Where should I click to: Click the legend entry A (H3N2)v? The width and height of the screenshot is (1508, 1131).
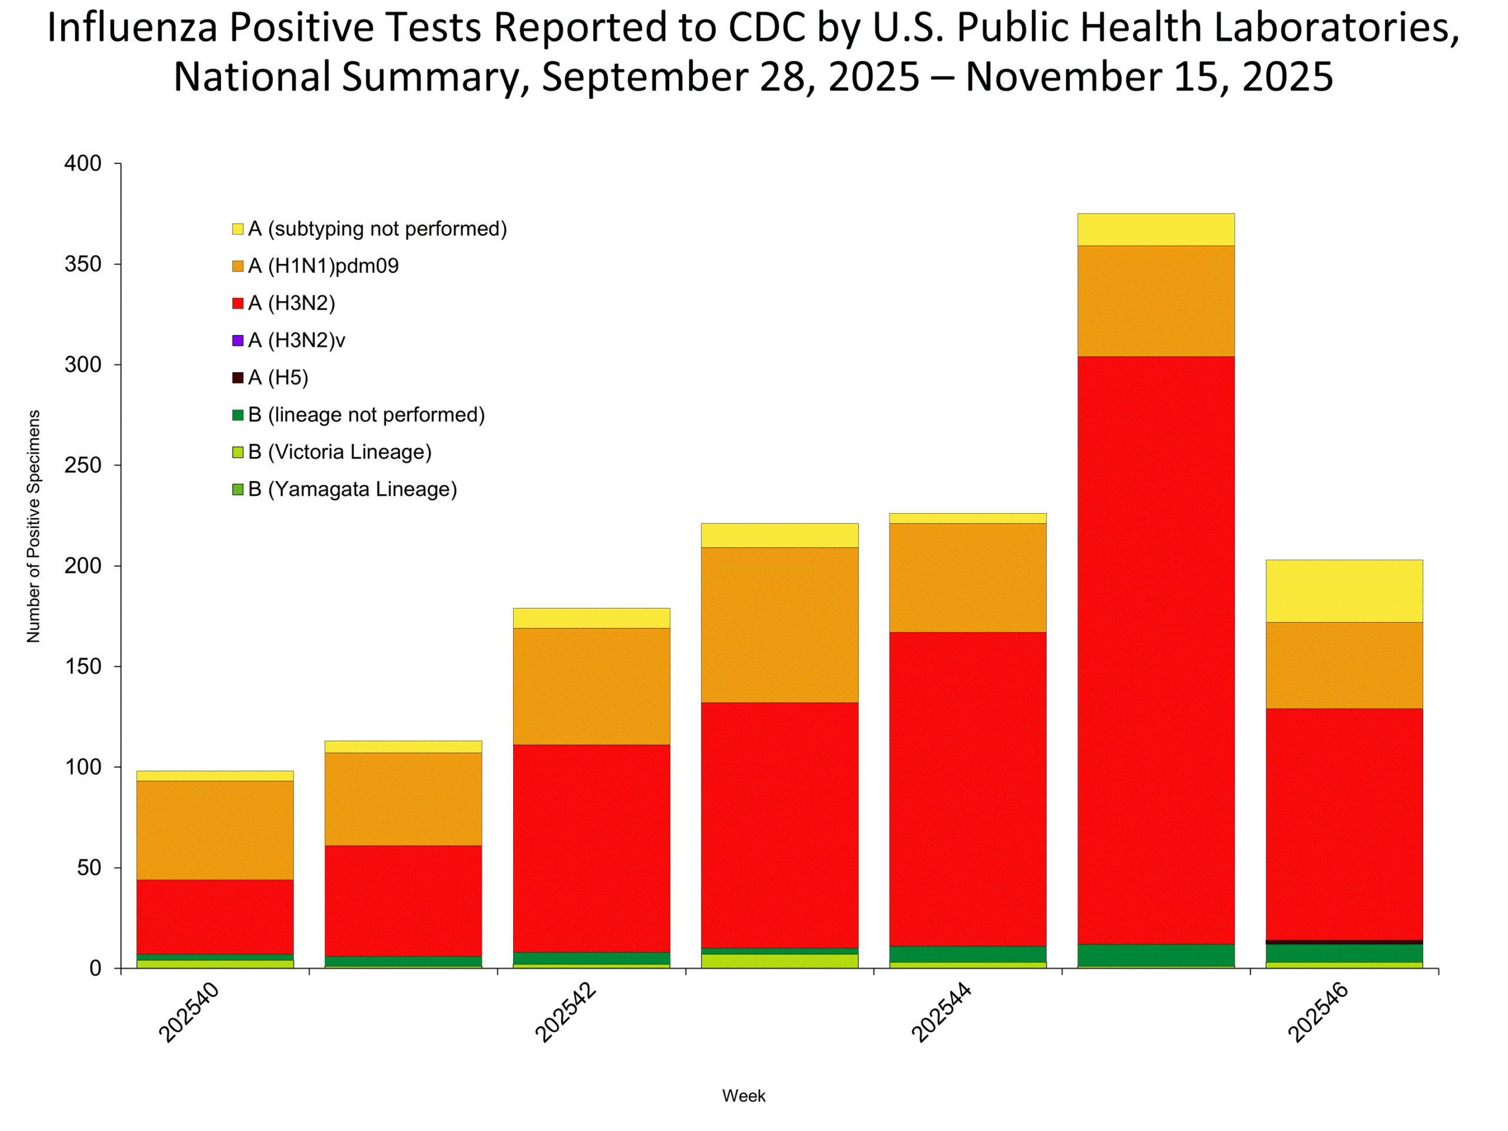tap(296, 340)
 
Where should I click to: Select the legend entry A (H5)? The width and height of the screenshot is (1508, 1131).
tap(278, 378)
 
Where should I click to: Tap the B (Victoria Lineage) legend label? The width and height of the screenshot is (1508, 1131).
tap(339, 452)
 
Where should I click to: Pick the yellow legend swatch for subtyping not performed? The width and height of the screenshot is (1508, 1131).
tap(238, 229)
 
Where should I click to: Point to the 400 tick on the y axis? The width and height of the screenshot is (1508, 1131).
tap(82, 164)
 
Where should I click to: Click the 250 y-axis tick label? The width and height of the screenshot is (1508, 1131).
tap(82, 465)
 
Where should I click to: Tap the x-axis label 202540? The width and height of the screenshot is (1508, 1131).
tap(189, 1013)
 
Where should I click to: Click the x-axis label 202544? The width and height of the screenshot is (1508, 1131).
tap(941, 1013)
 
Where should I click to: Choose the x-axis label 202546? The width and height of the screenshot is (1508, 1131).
tap(1318, 1013)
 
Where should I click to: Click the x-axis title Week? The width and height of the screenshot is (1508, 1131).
tap(744, 1096)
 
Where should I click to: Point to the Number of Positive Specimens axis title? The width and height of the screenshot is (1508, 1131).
tap(34, 526)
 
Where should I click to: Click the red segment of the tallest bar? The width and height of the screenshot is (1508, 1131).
tap(1156, 647)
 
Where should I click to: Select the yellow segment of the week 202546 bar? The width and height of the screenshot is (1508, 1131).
tap(1344, 591)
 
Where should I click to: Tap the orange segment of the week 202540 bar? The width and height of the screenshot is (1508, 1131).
tap(215, 829)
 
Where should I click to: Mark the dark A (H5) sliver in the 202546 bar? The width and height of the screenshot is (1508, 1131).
tap(1344, 942)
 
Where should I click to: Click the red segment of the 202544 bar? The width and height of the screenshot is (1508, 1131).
tap(968, 789)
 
